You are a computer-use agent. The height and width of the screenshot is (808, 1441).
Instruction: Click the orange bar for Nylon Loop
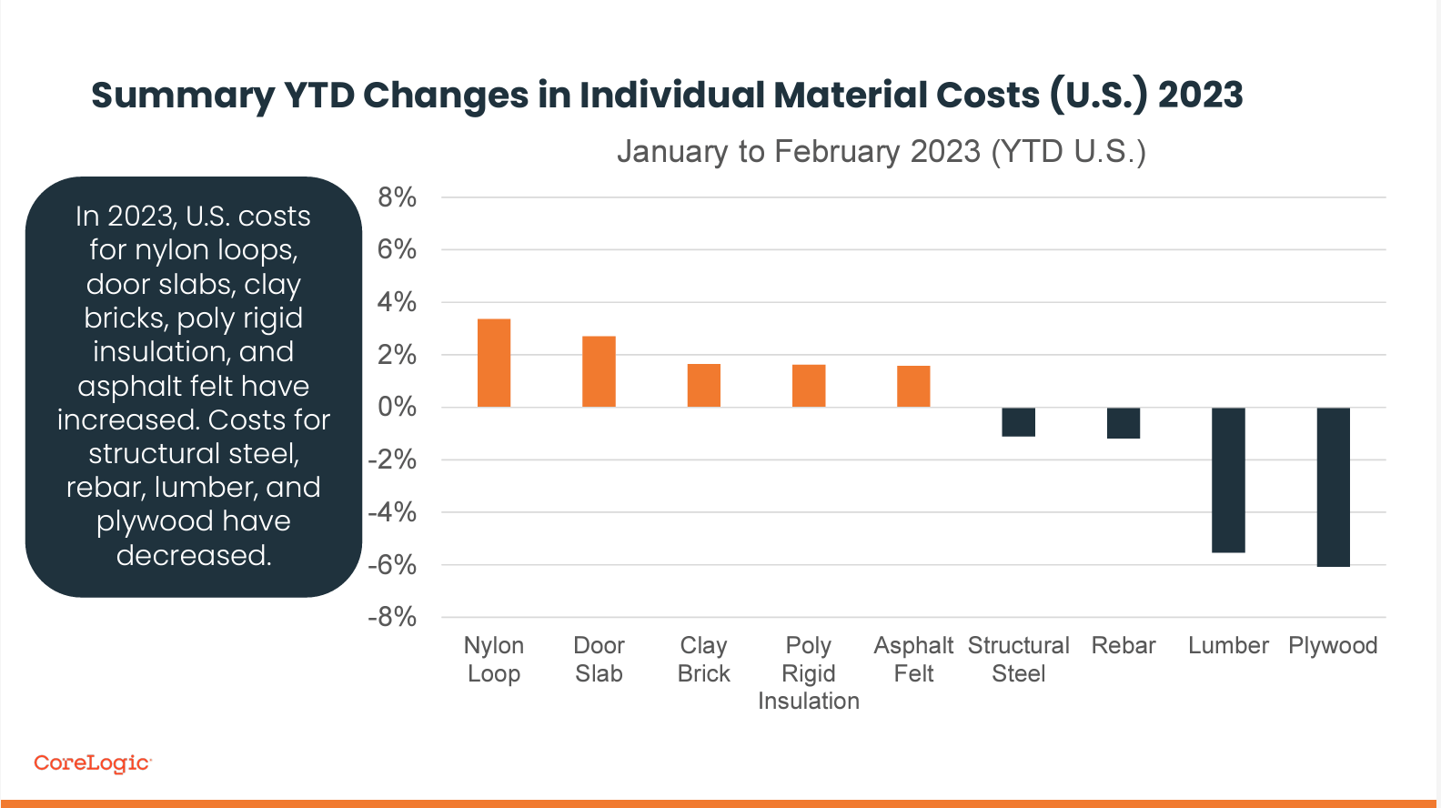[x=494, y=363]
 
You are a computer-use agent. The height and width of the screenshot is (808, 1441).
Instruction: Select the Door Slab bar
[x=599, y=371]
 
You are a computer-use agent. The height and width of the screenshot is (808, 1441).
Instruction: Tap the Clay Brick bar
[x=703, y=385]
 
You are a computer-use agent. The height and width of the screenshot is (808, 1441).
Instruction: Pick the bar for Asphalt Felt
[x=913, y=386]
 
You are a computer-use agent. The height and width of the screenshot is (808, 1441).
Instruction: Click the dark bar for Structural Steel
[x=1018, y=422]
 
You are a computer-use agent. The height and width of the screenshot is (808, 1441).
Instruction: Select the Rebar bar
[x=1124, y=423]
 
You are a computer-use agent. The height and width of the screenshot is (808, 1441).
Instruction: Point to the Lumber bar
[x=1228, y=480]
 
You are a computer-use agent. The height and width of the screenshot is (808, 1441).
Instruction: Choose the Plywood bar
[x=1333, y=487]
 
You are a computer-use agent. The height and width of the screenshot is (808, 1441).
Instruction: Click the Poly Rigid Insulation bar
[x=809, y=386]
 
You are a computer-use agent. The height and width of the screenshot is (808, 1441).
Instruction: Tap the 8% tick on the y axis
[x=397, y=197]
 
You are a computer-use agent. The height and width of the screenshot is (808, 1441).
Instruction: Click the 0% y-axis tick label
[x=397, y=408]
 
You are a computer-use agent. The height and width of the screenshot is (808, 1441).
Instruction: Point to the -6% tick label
[x=392, y=565]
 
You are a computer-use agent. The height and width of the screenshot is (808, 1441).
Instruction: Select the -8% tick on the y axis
[x=392, y=618]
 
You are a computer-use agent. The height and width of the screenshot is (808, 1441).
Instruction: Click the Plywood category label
[x=1333, y=646]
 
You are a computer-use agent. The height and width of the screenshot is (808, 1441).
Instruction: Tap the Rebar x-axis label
[x=1124, y=646]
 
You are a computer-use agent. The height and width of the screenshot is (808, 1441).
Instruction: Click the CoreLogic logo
[x=92, y=763]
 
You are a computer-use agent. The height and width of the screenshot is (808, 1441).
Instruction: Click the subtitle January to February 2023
[x=881, y=151]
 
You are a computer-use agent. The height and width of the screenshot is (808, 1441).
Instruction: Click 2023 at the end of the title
[x=1201, y=96]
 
